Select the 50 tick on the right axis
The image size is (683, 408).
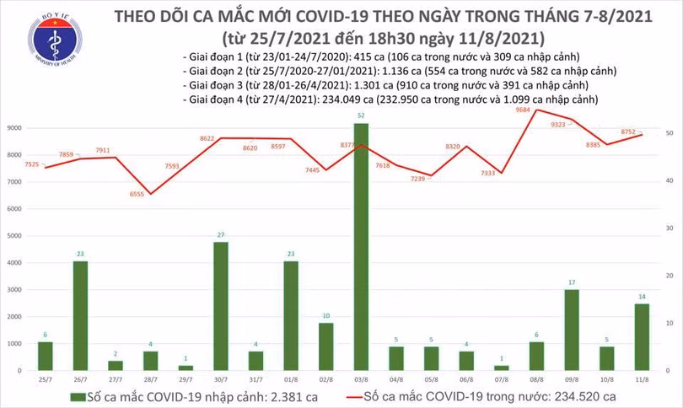[x=668, y=133]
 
